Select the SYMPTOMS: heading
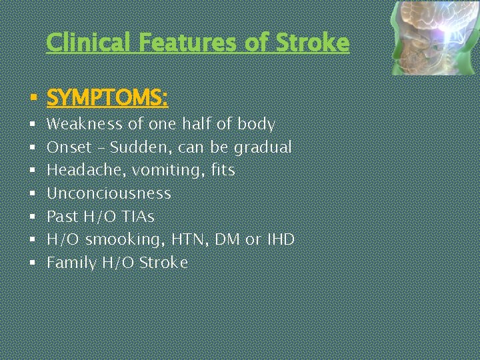107,99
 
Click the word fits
222,171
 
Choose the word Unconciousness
109,194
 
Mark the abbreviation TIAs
137,217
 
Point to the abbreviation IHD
280,240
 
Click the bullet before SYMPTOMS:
32,99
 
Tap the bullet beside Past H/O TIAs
32,217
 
